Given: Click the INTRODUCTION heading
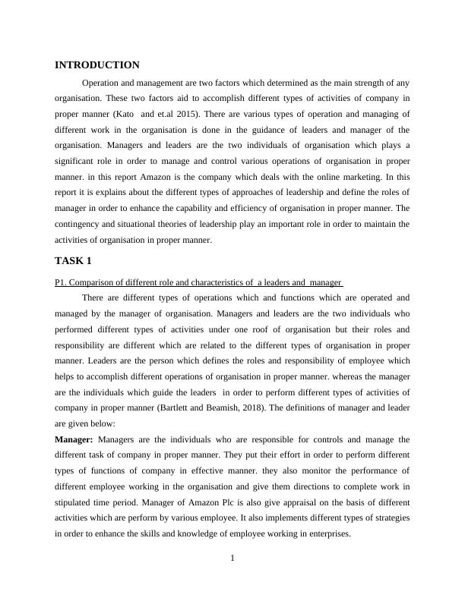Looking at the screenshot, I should point(97,65).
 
